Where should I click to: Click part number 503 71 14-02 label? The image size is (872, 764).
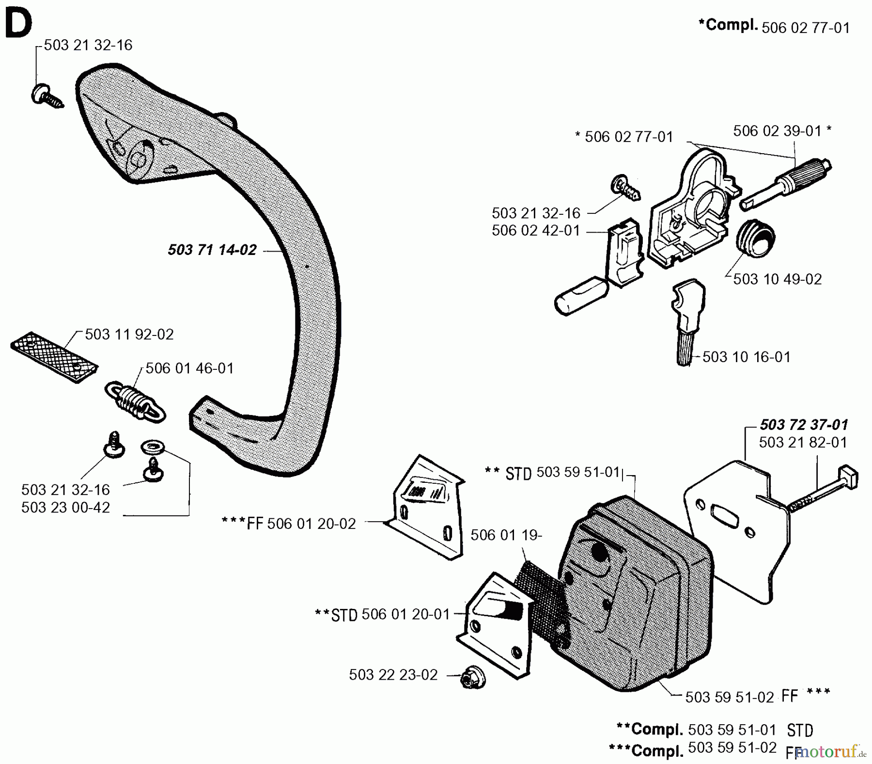point(212,250)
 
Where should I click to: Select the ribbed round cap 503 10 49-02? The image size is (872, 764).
point(755,239)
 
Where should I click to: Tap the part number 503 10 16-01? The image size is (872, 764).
point(746,357)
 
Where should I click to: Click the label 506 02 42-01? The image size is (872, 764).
point(536,230)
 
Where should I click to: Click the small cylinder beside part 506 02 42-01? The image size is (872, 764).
point(580,296)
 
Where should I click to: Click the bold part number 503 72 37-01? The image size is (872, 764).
point(804,425)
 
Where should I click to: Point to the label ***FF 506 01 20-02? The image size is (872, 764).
point(289,524)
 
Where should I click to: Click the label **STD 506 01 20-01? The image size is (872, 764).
point(383,614)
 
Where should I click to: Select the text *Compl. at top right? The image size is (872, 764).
point(728,25)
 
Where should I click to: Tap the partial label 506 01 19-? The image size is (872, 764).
point(506,535)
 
